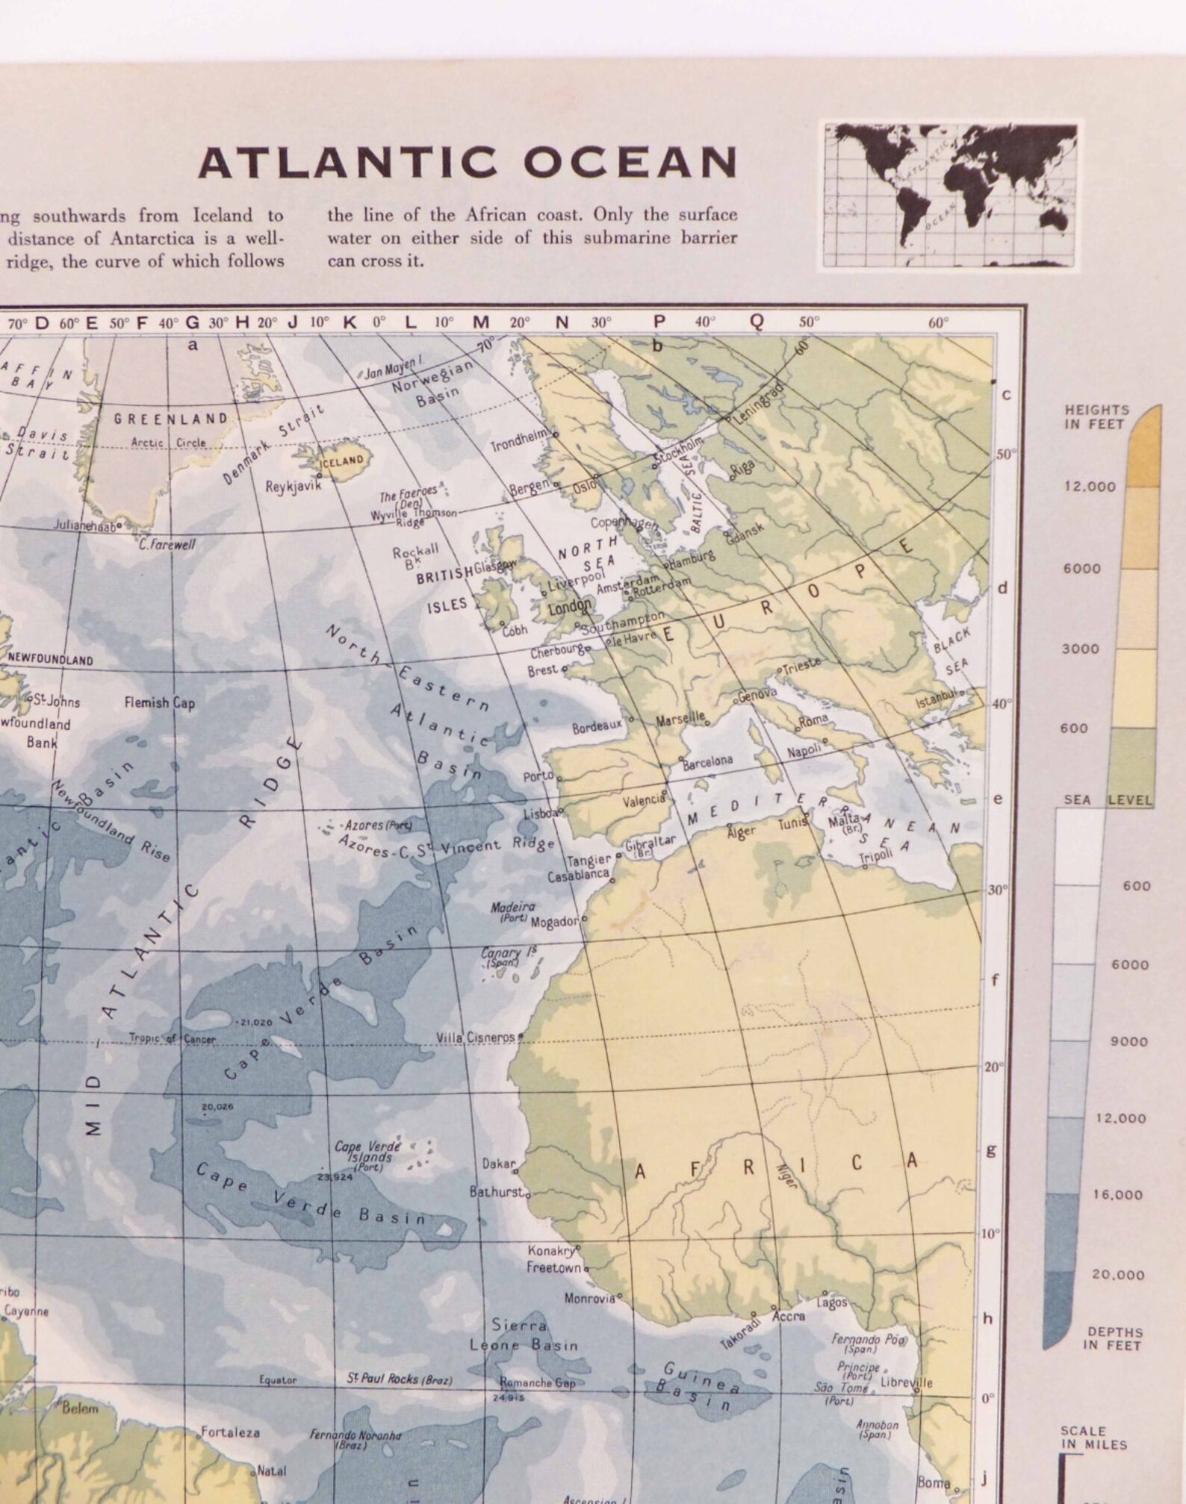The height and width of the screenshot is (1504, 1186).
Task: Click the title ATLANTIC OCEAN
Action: click(x=468, y=162)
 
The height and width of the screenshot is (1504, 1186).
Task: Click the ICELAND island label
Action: click(x=342, y=461)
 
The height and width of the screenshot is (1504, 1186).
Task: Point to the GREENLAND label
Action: click(x=170, y=419)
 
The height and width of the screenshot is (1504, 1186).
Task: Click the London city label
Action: click(x=570, y=607)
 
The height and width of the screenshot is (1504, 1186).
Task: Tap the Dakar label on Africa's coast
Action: click(x=498, y=1164)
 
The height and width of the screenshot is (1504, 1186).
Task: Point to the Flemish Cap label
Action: click(x=159, y=702)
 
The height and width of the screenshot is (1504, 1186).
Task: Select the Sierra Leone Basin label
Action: click(x=524, y=1335)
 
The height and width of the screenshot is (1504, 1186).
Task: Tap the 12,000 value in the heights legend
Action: click(x=1090, y=487)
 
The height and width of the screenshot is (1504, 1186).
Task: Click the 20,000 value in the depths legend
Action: click(x=1118, y=1274)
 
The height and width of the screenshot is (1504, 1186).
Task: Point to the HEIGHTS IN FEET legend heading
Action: click(x=1096, y=417)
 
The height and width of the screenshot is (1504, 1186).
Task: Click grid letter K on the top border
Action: click(x=350, y=322)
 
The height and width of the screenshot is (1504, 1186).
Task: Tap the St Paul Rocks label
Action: click(x=400, y=1379)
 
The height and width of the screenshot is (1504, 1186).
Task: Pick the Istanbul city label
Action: click(x=937, y=700)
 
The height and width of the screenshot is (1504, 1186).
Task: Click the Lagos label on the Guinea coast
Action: click(x=832, y=1302)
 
